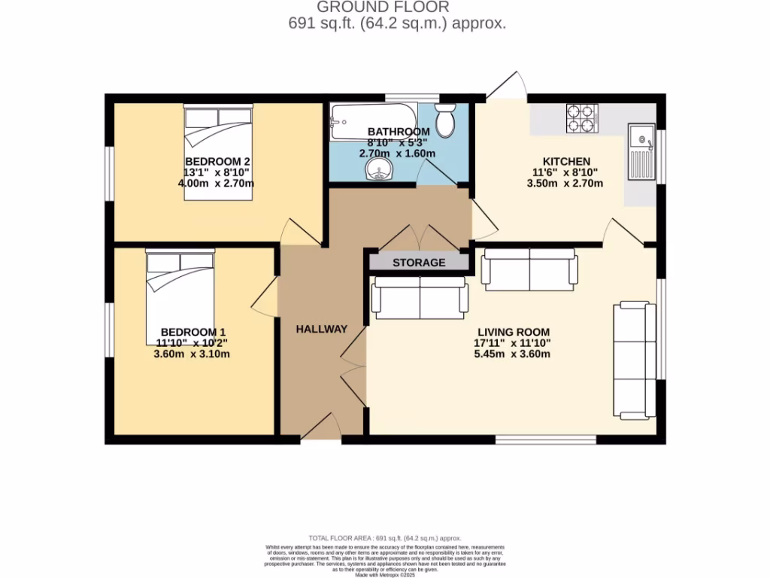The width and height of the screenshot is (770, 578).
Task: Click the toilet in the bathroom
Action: (x=445, y=120)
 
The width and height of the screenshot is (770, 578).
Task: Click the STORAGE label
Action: (x=419, y=263)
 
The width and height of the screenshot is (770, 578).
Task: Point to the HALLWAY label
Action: (x=321, y=329)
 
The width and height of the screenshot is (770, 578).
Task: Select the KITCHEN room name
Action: (x=566, y=161)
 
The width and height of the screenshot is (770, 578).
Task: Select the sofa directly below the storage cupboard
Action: (x=419, y=298)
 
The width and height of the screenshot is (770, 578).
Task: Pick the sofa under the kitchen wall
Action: (x=529, y=269)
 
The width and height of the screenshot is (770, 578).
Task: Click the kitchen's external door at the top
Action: (x=505, y=87)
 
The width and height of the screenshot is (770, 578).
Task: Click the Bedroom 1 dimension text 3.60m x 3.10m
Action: (x=191, y=354)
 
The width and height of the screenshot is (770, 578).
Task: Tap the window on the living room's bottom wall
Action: (x=546, y=438)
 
